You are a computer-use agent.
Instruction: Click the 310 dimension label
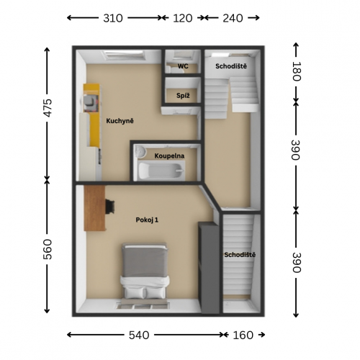pyautogui.click(x=113, y=18)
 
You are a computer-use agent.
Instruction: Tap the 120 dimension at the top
pyautogui.click(x=183, y=18)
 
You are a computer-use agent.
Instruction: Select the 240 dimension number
pyautogui.click(x=233, y=18)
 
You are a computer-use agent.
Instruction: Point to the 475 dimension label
pyautogui.click(x=48, y=108)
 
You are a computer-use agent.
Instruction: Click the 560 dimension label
pyautogui.click(x=48, y=249)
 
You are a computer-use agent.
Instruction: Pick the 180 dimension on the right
pyautogui.click(x=296, y=71)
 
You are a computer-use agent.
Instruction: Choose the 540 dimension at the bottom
pyautogui.click(x=139, y=335)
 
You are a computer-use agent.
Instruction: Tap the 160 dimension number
pyautogui.click(x=243, y=335)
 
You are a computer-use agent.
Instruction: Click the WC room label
pyautogui.click(x=183, y=66)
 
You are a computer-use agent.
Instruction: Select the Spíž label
pyautogui.click(x=183, y=96)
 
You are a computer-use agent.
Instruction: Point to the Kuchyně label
pyautogui.click(x=120, y=121)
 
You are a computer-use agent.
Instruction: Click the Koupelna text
pyautogui.click(x=169, y=156)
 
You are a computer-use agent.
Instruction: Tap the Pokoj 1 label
pyautogui.click(x=147, y=220)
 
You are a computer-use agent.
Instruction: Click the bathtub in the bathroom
pyautogui.click(x=161, y=171)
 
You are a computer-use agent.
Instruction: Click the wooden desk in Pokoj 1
pyautogui.click(x=95, y=208)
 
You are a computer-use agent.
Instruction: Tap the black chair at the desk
pyautogui.click(x=110, y=207)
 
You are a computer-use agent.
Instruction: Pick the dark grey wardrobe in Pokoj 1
pyautogui.click(x=209, y=268)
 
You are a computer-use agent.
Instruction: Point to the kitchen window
pyautogui.click(x=124, y=55)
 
